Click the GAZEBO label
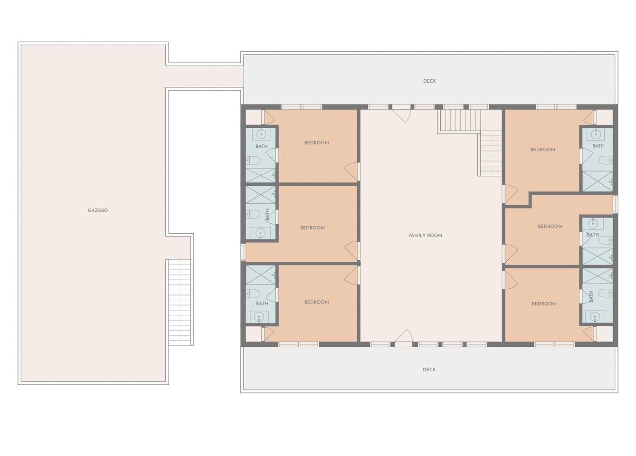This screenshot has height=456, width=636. point(98,210)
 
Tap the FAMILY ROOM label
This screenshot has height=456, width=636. point(425,236)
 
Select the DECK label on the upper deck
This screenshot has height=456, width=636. point(429,81)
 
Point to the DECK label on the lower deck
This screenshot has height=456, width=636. point(429,370)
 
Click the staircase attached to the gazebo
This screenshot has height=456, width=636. point(180,303)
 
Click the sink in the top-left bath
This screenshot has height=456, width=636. point(261,134)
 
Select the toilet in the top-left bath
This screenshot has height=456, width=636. point(253,161)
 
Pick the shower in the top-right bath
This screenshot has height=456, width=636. point(598,181)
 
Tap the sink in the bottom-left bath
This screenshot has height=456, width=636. point(259,317)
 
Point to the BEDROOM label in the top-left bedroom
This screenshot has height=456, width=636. point(317,143)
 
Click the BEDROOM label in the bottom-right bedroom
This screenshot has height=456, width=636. point(544,304)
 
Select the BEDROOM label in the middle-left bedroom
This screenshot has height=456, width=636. point(313,228)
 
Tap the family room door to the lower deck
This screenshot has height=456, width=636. point(403,338)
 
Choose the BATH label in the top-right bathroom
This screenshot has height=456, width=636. point(598,146)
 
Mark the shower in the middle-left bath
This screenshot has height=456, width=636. point(261,195)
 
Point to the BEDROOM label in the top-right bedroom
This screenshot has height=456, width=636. point(542,150)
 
